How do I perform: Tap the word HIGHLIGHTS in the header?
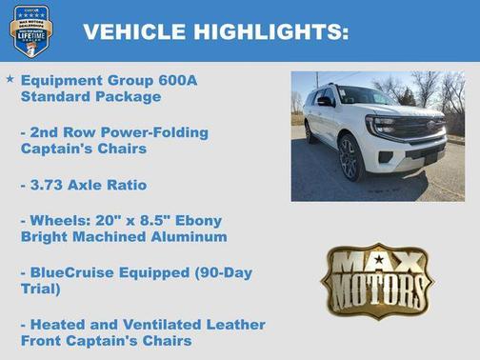pyautogui.click(x=271, y=30)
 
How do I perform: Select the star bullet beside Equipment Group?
pyautogui.click(x=10, y=80)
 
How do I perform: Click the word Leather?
pyautogui.click(x=224, y=325)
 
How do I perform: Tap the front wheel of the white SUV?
pyautogui.click(x=350, y=158)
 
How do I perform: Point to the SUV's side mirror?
pyautogui.click(x=326, y=101)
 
